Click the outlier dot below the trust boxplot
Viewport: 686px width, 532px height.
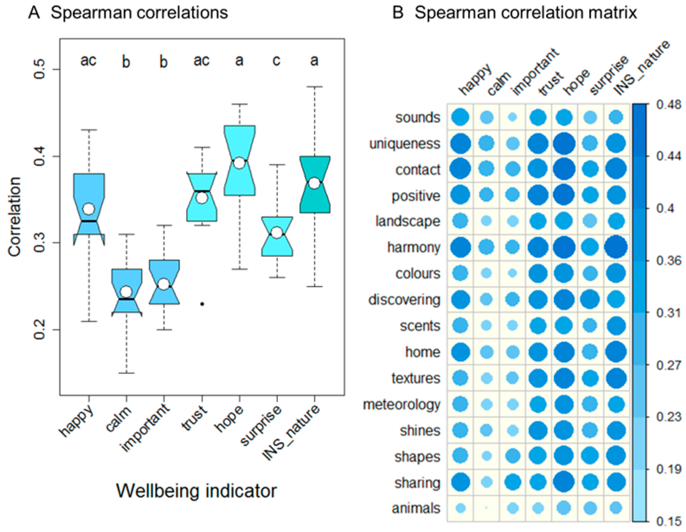(203, 304)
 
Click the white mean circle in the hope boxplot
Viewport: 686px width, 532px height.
(239, 163)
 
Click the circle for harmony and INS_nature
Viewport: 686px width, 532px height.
(616, 247)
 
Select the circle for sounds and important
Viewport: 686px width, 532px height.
(513, 117)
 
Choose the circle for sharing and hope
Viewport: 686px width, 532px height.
(564, 482)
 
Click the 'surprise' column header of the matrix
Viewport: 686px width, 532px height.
(609, 76)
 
